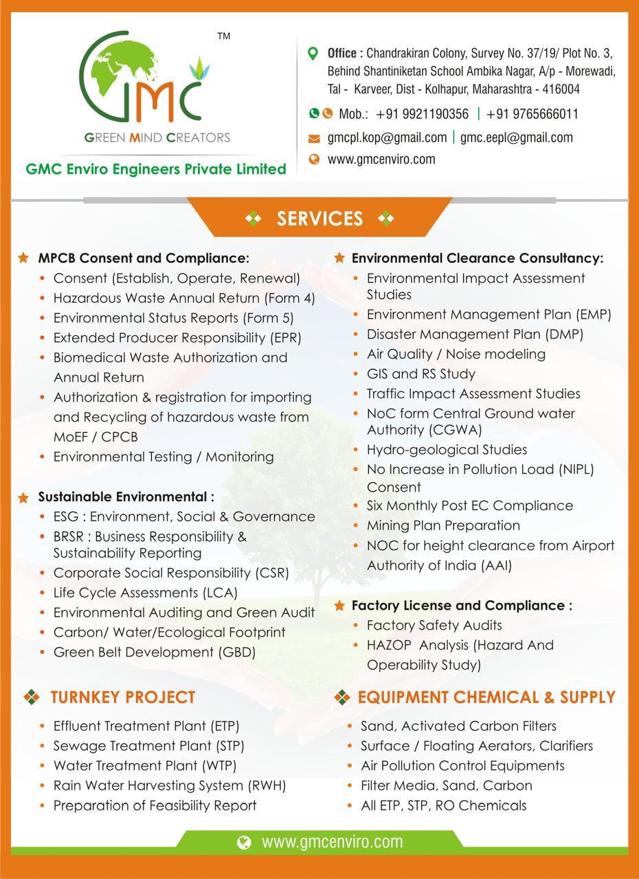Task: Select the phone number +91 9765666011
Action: click(x=532, y=114)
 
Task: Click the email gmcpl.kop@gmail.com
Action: click(x=387, y=137)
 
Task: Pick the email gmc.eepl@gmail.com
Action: click(x=516, y=137)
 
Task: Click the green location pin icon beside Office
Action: click(x=313, y=54)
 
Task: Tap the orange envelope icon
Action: click(x=314, y=139)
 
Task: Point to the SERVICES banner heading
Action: click(x=319, y=218)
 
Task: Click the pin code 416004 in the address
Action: click(x=561, y=89)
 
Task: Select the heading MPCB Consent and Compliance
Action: click(x=143, y=259)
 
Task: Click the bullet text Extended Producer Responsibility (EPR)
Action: click(x=177, y=338)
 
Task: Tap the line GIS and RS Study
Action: click(x=421, y=374)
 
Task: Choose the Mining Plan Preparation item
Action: click(x=443, y=525)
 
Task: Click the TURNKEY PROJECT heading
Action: click(x=123, y=698)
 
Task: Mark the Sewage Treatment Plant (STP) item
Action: click(x=148, y=746)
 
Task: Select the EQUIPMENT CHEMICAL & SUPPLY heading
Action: click(x=486, y=698)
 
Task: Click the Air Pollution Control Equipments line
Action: click(x=462, y=766)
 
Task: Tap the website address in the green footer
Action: click(x=332, y=842)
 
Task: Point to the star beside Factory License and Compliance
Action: click(x=339, y=606)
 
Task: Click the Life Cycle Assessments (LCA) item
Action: click(x=146, y=593)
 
